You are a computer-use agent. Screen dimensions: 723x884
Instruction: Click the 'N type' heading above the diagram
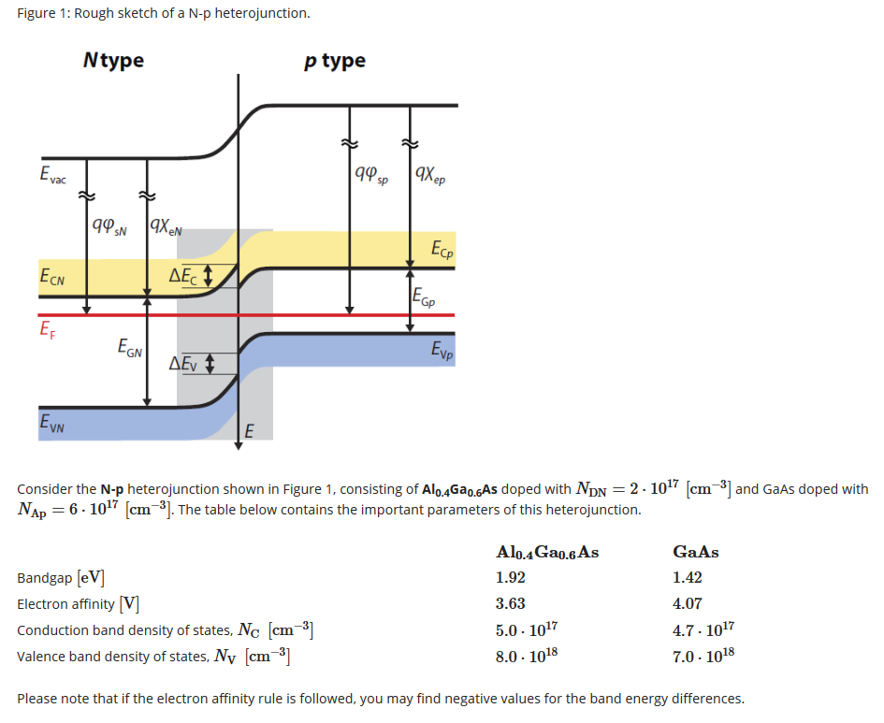[113, 61]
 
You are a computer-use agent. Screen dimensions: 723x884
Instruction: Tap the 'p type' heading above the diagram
[335, 61]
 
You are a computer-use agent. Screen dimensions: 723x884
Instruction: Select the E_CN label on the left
[52, 277]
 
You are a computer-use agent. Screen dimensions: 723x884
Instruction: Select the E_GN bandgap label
[129, 349]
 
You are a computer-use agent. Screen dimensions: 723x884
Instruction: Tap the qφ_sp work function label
[372, 174]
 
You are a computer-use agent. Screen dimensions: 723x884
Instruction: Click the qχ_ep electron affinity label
[428, 174]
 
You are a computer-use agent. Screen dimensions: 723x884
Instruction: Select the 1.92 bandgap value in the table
[511, 577]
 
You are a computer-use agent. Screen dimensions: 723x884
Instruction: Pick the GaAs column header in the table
[689, 551]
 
